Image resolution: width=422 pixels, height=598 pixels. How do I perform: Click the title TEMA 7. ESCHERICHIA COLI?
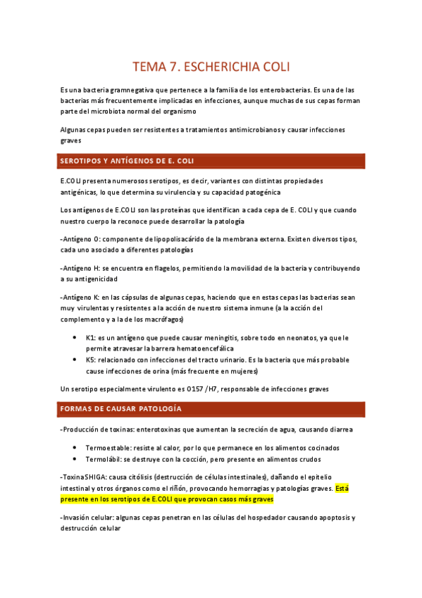211,68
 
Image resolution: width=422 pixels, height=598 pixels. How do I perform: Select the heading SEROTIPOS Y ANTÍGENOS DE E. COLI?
128,161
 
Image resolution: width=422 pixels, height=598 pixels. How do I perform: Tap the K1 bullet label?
90,338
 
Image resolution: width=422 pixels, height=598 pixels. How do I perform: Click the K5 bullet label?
90,360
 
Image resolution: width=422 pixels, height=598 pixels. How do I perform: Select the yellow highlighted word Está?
344,487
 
